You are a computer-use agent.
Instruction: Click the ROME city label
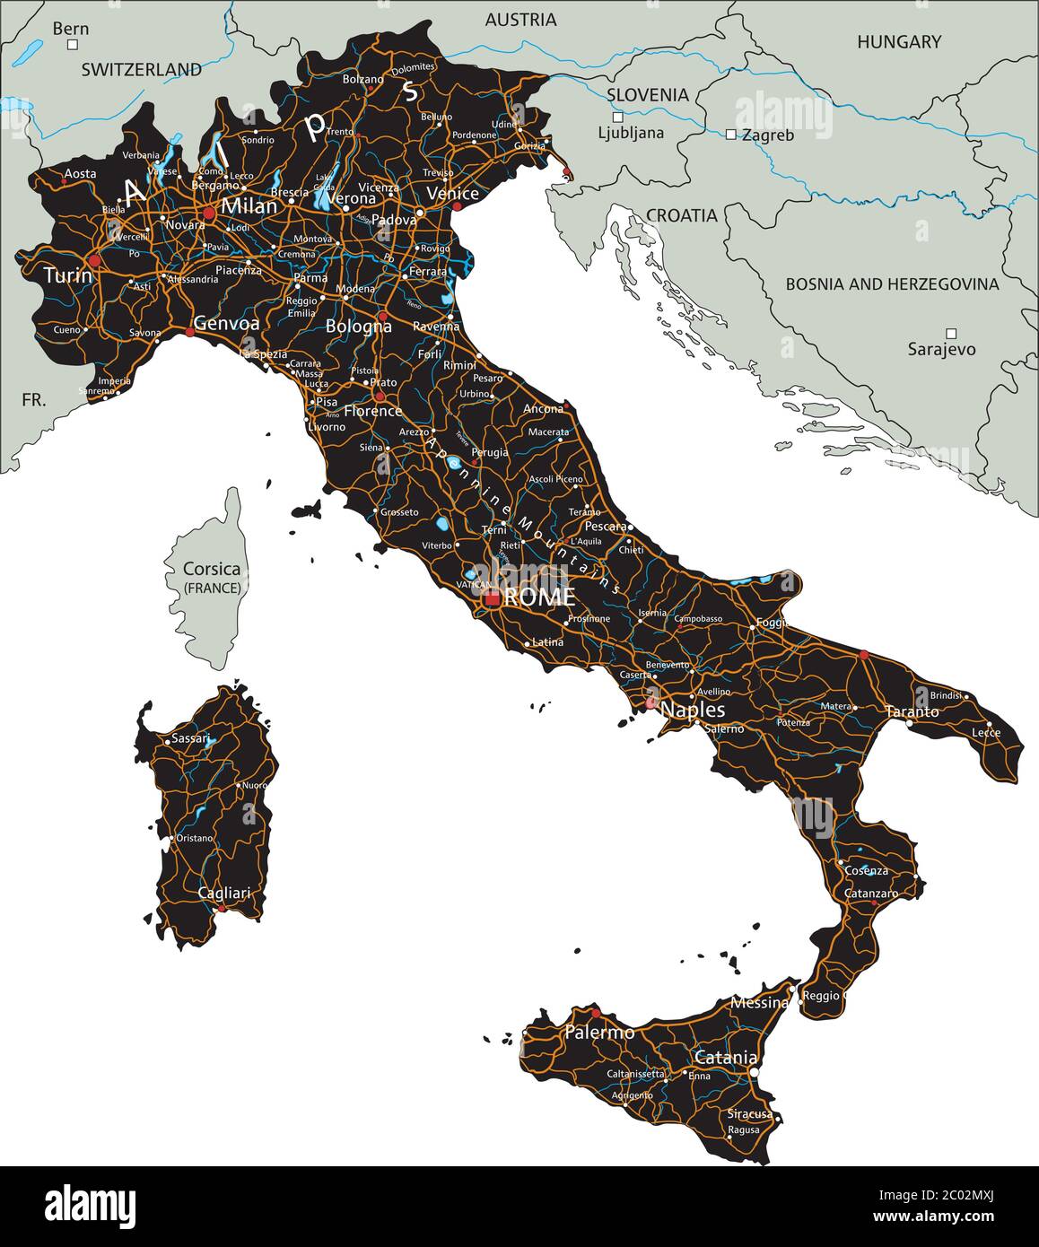540,597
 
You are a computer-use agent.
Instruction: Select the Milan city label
249,206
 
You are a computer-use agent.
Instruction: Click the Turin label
68,275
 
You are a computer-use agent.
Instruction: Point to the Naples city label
693,710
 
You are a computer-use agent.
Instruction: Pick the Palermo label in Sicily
599,1033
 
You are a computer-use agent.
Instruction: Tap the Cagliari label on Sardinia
224,894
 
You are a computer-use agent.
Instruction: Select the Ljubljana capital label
631,134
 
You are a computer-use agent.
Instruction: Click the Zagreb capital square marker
730,135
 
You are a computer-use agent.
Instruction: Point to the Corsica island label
211,569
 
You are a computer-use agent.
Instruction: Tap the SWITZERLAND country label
142,69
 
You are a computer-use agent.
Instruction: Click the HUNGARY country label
899,41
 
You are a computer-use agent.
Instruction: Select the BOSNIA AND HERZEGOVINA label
892,283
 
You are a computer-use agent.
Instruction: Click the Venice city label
452,194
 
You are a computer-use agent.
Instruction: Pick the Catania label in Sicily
726,1058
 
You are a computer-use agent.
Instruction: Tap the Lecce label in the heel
985,733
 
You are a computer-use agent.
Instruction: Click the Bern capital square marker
74,44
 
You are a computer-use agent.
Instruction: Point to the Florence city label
373,411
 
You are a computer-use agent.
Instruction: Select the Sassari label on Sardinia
189,739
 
